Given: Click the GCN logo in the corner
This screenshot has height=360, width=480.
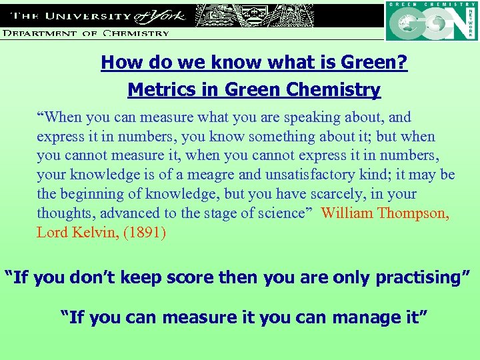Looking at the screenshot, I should [431, 21].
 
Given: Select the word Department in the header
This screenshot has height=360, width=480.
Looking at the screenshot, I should [42, 32].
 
